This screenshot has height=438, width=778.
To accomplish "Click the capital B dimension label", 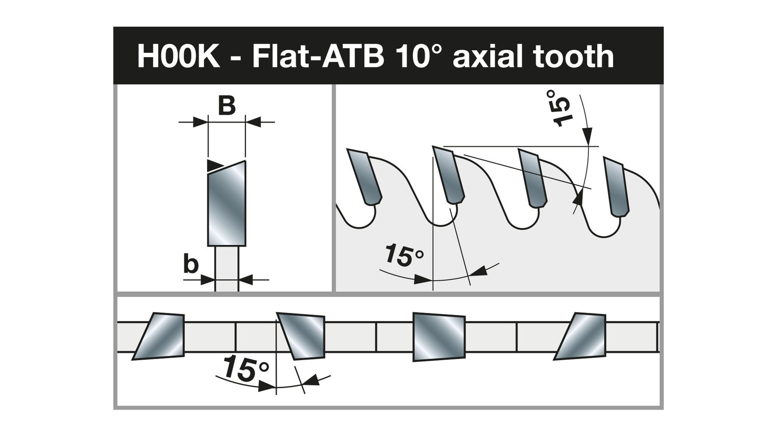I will pyautogui.click(x=226, y=106).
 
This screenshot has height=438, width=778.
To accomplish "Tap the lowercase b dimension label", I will pyautogui.click(x=190, y=265).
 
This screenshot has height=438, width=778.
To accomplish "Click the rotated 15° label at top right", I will pyautogui.click(x=560, y=108).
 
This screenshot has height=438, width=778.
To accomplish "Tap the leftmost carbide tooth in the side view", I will pyautogui.click(x=364, y=176).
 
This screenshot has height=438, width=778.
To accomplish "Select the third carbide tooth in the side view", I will pyautogui.click(x=533, y=178).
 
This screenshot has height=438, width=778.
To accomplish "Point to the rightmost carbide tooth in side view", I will pyautogui.click(x=616, y=186).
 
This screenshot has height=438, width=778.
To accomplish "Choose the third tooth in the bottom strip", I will pyautogui.click(x=438, y=337).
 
